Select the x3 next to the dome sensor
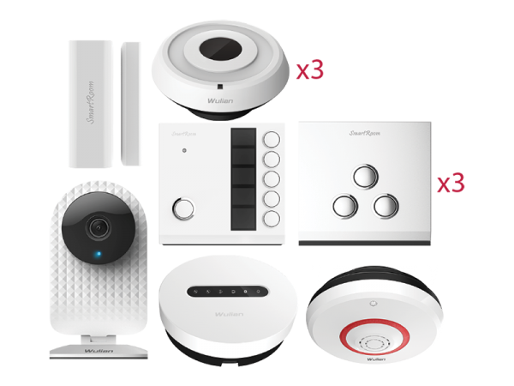click(x=309, y=70)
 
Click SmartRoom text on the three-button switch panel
click(x=366, y=134)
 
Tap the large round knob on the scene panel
click(x=182, y=208)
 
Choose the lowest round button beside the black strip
click(x=272, y=219)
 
